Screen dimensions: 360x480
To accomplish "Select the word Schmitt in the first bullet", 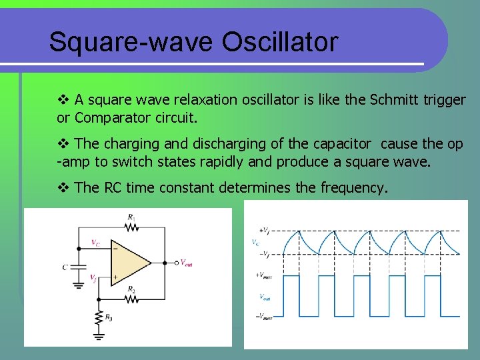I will [x=394, y=100].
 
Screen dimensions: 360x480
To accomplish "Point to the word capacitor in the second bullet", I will [x=333, y=144].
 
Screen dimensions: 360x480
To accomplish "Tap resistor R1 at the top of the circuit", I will [x=131, y=227].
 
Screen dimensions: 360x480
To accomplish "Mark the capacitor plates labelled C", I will [x=78, y=267].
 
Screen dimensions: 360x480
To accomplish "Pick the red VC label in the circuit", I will [x=95, y=243].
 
